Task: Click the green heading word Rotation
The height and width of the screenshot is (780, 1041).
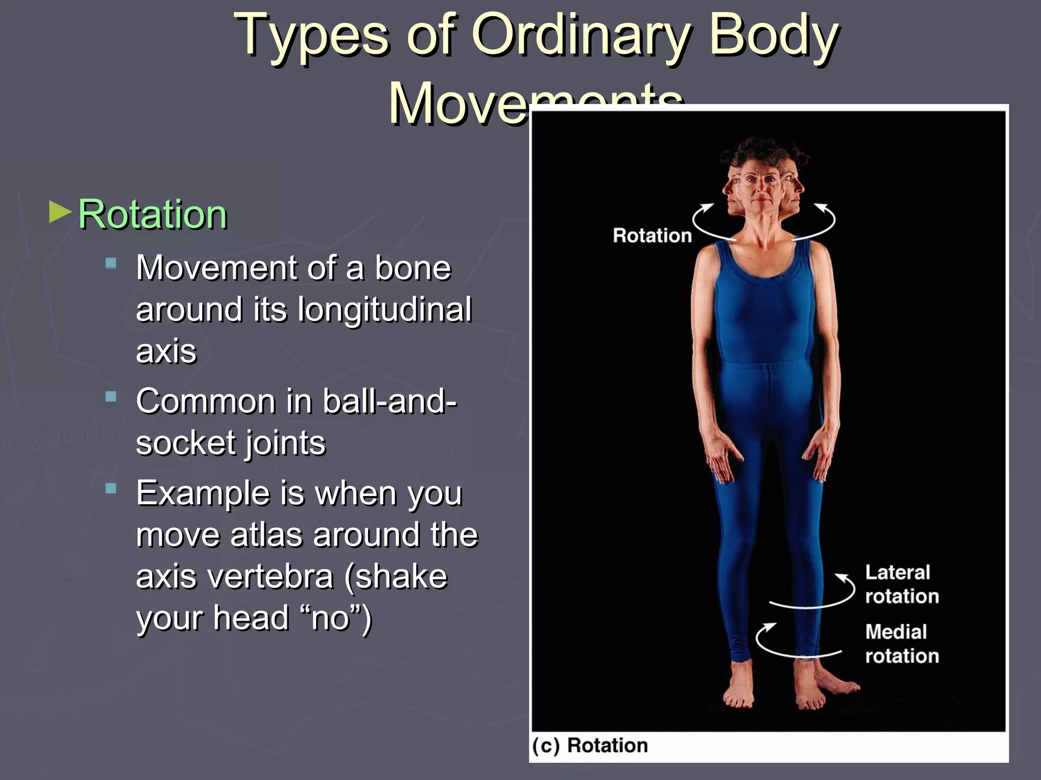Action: [x=152, y=214]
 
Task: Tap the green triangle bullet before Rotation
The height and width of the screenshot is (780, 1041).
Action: [x=60, y=212]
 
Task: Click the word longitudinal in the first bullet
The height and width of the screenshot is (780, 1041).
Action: [x=384, y=309]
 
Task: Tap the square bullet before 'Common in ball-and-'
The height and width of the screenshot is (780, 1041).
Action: [x=111, y=397]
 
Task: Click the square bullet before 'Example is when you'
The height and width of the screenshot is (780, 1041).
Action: [x=111, y=489]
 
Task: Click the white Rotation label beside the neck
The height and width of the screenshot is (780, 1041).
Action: [x=652, y=236]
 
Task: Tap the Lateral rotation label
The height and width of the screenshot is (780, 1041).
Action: [x=901, y=584]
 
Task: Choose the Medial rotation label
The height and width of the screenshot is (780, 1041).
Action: [x=901, y=644]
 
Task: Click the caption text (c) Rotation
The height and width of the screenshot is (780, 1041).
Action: [x=590, y=745]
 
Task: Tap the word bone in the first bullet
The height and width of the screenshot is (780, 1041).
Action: [x=413, y=268]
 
